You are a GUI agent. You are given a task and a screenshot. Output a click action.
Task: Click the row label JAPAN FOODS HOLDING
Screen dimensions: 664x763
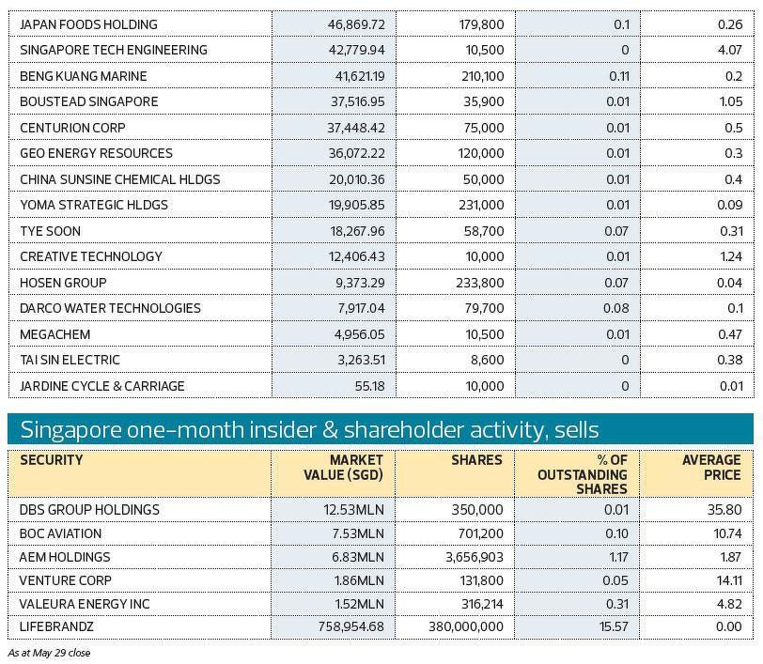[x=88, y=24]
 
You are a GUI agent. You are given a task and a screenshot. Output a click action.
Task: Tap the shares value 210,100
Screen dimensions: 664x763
[x=478, y=76]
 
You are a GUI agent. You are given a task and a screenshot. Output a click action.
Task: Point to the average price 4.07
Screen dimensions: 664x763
[x=732, y=50]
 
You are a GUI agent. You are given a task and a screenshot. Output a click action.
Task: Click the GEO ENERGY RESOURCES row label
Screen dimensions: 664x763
[x=96, y=153]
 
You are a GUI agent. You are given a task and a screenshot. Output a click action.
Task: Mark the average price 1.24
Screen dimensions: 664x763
[x=732, y=256]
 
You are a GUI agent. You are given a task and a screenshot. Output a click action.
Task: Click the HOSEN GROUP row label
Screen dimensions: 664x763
[x=63, y=283]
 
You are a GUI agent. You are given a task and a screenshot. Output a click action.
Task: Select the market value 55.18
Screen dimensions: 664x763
[x=367, y=386]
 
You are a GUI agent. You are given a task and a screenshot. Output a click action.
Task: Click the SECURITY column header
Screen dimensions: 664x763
[x=52, y=460]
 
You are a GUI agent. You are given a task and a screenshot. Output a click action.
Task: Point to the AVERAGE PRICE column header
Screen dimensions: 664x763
[x=711, y=468]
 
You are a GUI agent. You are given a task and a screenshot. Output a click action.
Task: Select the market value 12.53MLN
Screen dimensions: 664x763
[x=354, y=510]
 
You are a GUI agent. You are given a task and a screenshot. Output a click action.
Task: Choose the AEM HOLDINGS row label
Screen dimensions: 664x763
[x=65, y=557]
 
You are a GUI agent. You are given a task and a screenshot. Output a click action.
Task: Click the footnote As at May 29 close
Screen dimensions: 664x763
[x=49, y=652]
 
